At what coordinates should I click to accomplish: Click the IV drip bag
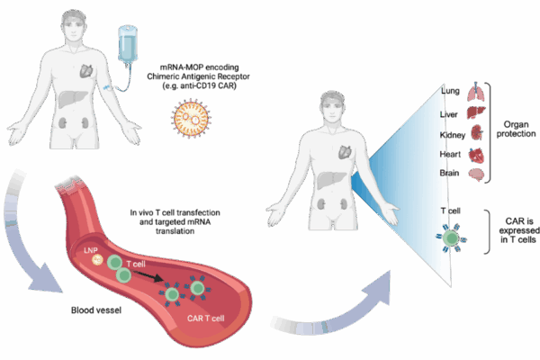[128, 44]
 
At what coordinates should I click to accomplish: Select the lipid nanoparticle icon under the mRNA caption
[191, 119]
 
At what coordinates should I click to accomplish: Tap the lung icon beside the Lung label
[476, 92]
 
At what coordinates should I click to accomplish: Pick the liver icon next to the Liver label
[476, 112]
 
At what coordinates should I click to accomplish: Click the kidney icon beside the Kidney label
[477, 132]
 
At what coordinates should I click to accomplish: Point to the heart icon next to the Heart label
[476, 156]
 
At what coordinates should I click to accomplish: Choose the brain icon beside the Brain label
[476, 175]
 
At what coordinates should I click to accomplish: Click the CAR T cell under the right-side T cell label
[451, 238]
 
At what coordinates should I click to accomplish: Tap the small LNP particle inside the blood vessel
[97, 260]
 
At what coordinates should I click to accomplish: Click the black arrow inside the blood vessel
[148, 275]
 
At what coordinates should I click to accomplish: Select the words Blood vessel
[96, 310]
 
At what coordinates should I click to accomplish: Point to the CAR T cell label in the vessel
[205, 319]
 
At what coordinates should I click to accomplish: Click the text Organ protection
[516, 130]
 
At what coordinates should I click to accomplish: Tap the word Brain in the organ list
[449, 173]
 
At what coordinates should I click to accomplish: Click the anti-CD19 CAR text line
[200, 85]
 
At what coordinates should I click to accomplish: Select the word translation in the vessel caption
[175, 231]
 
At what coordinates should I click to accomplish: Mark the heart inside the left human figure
[86, 70]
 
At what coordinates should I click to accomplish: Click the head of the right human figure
[333, 107]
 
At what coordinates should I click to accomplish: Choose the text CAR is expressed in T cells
[518, 230]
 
